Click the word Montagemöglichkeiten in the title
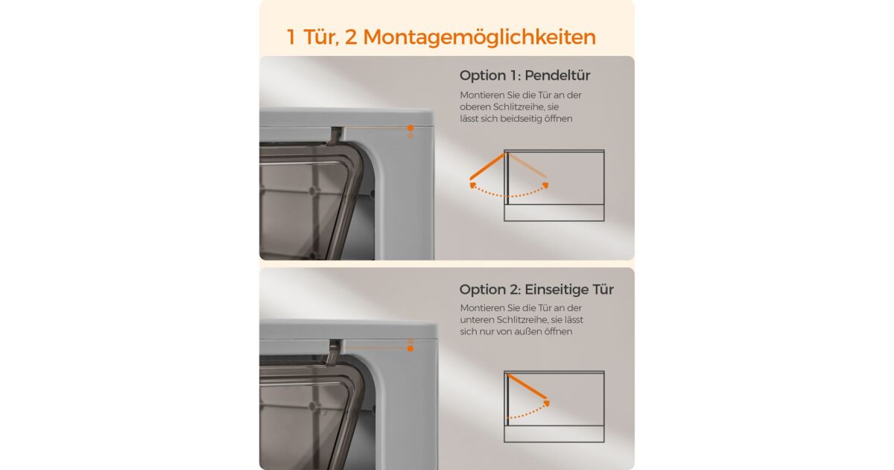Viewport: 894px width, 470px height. pyautogui.click(x=479, y=37)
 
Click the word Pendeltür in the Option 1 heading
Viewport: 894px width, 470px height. pyautogui.click(x=557, y=75)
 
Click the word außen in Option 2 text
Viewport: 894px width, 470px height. pyautogui.click(x=528, y=332)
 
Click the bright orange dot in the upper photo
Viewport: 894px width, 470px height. pyautogui.click(x=410, y=128)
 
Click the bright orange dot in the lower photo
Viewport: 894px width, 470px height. pyautogui.click(x=410, y=348)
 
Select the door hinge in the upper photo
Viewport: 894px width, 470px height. pyautogui.click(x=336, y=135)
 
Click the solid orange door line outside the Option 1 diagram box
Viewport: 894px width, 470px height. pyautogui.click(x=487, y=166)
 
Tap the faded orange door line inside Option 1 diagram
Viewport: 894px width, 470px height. pyautogui.click(x=527, y=166)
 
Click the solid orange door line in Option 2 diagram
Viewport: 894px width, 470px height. pyautogui.click(x=527, y=386)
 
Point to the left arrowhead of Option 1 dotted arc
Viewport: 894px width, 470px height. pyautogui.click(x=472, y=185)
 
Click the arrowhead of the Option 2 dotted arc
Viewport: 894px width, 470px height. pyautogui.click(x=547, y=404)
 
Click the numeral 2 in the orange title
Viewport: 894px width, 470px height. pyautogui.click(x=350, y=37)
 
